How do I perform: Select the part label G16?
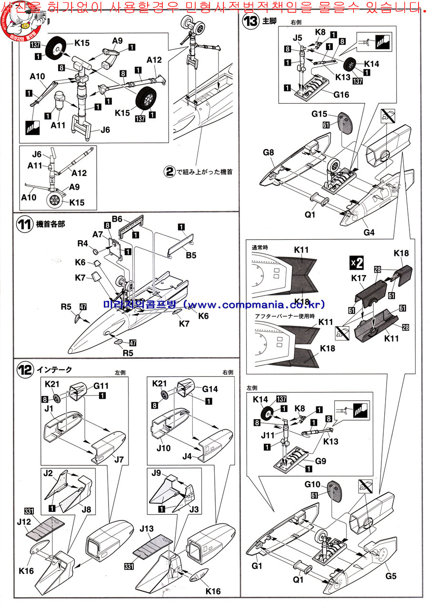click(x=338, y=95)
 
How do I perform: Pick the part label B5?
click(x=190, y=255)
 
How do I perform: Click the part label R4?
click(x=82, y=244)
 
